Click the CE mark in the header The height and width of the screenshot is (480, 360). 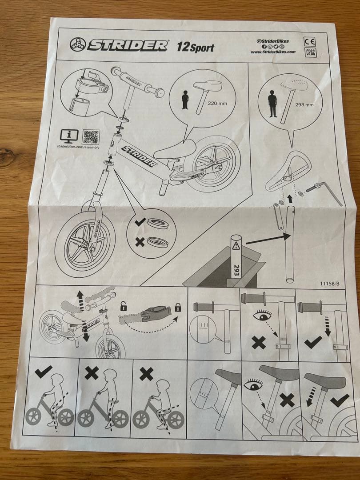pyautogui.click(x=309, y=41)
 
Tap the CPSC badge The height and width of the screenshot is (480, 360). pyautogui.click(x=311, y=52)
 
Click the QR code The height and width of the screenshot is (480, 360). pyautogui.click(x=91, y=137)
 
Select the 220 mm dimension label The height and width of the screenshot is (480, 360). pyautogui.click(x=217, y=104)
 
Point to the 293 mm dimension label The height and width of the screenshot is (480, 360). pyautogui.click(x=304, y=105)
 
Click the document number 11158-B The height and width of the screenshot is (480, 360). pyautogui.click(x=330, y=284)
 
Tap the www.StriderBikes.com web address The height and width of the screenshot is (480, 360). pyautogui.click(x=273, y=52)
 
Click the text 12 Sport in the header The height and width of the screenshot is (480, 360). pyautogui.click(x=196, y=47)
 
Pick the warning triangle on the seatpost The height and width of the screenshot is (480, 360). pyautogui.click(x=236, y=245)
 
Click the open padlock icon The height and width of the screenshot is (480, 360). pyautogui.click(x=123, y=306)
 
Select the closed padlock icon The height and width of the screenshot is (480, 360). pyautogui.click(x=178, y=308)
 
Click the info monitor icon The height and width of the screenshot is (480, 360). pyautogui.click(x=69, y=136)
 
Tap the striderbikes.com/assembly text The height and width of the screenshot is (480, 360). pyautogui.click(x=78, y=147)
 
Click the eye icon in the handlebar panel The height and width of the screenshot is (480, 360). pyautogui.click(x=262, y=315)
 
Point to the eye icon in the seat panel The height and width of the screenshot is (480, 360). pyautogui.click(x=253, y=385)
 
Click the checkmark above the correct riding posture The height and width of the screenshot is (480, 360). pyautogui.click(x=43, y=372)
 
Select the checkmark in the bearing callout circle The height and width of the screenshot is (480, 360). pyautogui.click(x=140, y=222)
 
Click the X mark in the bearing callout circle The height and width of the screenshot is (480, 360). pyautogui.click(x=140, y=243)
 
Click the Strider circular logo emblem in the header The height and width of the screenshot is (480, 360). pyautogui.click(x=77, y=45)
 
